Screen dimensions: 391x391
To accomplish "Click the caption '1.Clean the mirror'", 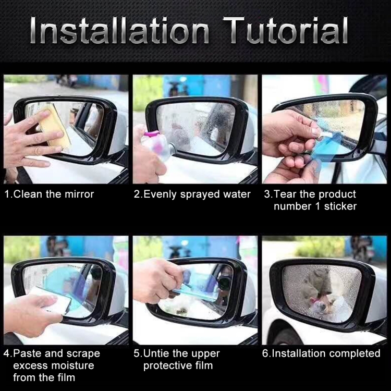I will (49, 194).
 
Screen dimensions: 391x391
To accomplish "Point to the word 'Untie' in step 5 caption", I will (158, 353).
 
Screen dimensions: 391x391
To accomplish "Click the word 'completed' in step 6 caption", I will (353, 353).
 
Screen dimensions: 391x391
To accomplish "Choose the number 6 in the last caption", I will (265, 353).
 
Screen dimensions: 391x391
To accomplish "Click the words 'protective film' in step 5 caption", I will (178, 365).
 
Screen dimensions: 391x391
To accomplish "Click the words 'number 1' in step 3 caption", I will (295, 206).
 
